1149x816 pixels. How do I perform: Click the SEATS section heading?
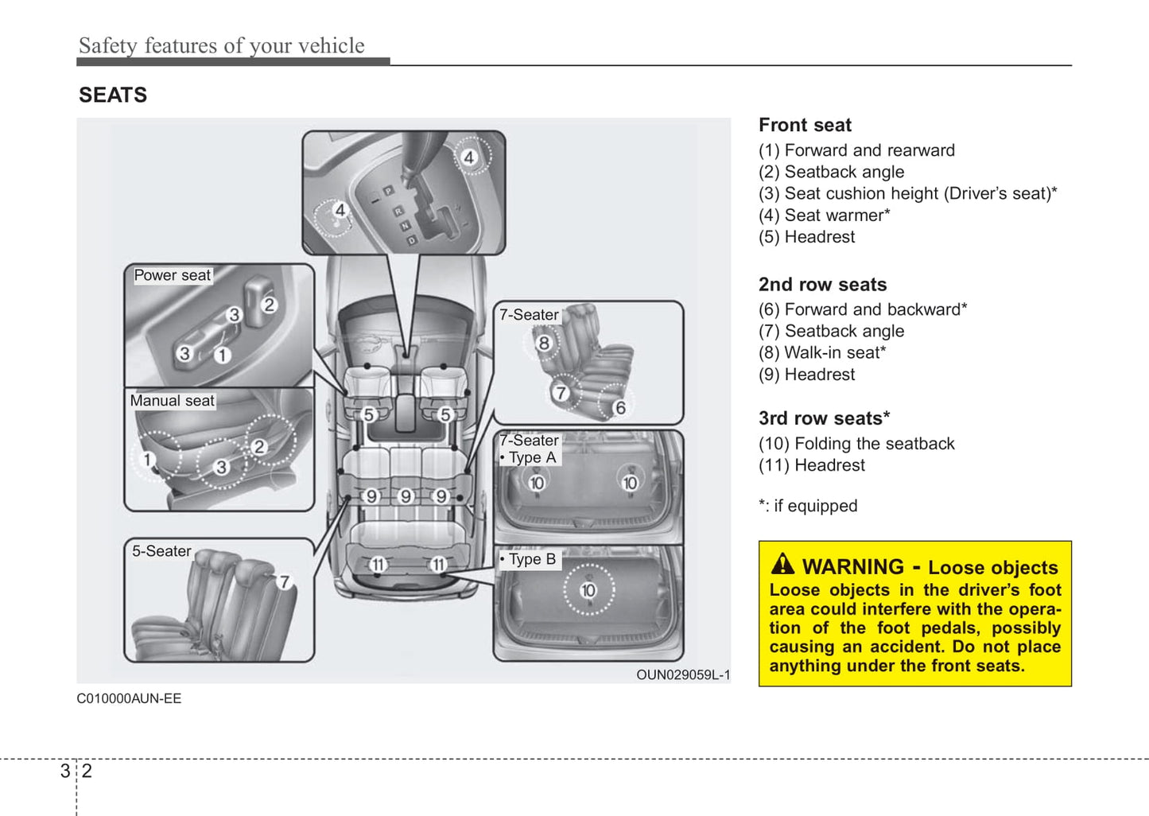tap(113, 95)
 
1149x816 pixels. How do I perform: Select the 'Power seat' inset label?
tap(172, 275)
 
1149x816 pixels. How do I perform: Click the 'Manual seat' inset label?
tap(172, 401)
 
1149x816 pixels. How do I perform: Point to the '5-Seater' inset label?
tap(161, 551)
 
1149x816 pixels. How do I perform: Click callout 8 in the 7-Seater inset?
tap(544, 343)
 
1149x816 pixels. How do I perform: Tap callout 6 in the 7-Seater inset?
tap(620, 407)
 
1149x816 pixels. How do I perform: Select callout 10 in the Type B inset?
tap(588, 590)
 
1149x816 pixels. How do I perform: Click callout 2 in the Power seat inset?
tap(270, 305)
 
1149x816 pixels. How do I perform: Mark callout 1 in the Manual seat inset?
tap(147, 459)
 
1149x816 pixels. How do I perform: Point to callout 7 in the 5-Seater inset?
tap(284, 581)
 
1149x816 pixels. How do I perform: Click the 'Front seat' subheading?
tap(805, 125)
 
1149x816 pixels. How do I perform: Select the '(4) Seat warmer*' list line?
tap(824, 216)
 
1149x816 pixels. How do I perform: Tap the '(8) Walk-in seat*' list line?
tap(821, 353)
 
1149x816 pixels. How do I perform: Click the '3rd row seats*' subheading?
tap(824, 418)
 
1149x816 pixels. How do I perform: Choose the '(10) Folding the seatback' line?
tap(856, 444)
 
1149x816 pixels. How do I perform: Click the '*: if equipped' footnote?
tap(808, 506)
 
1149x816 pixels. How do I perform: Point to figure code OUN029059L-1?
tap(682, 675)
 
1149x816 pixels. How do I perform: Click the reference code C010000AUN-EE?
tap(129, 698)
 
